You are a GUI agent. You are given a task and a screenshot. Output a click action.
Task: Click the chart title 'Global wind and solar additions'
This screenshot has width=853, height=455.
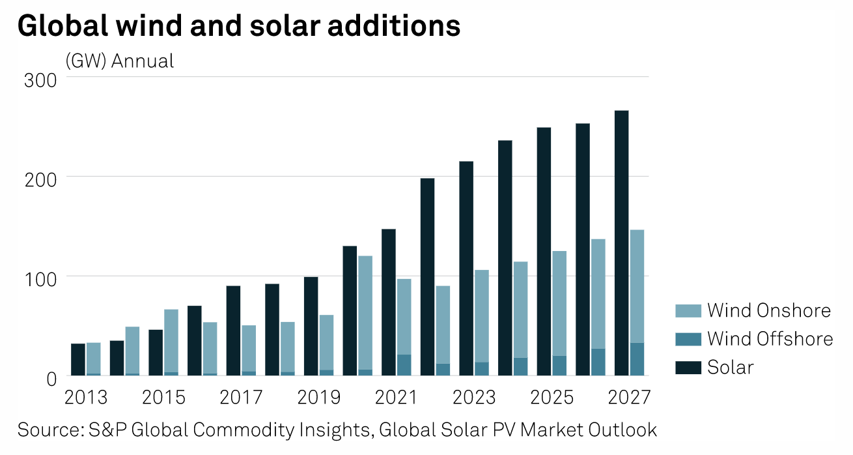coord(239,26)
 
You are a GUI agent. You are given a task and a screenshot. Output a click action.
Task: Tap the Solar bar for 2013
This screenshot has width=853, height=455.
coord(78,359)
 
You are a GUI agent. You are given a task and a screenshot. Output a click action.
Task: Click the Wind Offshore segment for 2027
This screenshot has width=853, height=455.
coord(637,359)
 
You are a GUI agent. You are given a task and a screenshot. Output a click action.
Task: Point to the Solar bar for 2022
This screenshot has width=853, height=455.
coord(427,276)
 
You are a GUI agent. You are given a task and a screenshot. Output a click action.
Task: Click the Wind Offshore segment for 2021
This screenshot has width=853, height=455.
coord(404,365)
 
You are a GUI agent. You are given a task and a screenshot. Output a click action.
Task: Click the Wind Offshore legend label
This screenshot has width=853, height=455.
coord(770,339)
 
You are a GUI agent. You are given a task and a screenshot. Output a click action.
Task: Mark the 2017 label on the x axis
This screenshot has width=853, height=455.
coord(241,397)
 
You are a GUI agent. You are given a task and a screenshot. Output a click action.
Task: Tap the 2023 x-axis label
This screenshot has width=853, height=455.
coord(473,397)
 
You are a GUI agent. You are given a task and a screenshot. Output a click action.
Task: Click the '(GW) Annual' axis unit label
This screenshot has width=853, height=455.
coord(120,61)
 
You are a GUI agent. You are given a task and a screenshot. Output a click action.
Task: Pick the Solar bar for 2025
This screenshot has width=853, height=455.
coord(544,251)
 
